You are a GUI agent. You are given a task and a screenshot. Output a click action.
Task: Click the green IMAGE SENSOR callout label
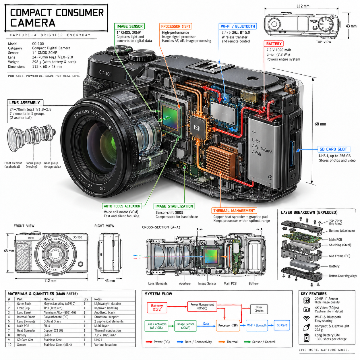pyautogui.click(x=129, y=26)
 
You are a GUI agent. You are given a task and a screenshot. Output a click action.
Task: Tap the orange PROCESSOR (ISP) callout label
pyautogui.click(x=175, y=26)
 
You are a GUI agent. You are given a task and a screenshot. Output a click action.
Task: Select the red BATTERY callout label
pyautogui.click(x=274, y=44)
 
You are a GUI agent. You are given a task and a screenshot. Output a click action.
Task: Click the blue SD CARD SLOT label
pyautogui.click(x=334, y=149)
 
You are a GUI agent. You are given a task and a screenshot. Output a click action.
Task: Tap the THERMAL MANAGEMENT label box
pyautogui.click(x=234, y=210)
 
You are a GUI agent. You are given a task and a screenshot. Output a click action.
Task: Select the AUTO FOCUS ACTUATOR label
pyautogui.click(x=122, y=206)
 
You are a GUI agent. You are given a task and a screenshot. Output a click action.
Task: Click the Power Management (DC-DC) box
pyautogui.click(x=202, y=306)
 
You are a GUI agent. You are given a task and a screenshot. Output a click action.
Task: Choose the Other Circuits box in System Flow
pyautogui.click(x=259, y=309)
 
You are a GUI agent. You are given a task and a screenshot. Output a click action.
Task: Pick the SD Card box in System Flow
pyautogui.click(x=282, y=325)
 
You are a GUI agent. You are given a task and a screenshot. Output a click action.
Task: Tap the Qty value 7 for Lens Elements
pyautogui.click(x=84, y=321)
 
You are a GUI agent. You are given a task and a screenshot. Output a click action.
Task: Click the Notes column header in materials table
pyautogui.click(x=98, y=299)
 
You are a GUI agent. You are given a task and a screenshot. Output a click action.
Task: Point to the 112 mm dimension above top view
pyautogui.click(x=303, y=6)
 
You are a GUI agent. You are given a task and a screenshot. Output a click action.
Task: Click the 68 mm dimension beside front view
pyautogui.click(x=9, y=251)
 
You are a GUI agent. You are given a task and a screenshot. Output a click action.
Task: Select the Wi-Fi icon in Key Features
pyautogui.click(x=306, y=318)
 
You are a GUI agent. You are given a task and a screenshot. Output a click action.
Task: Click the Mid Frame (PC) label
pyautogui.click(x=339, y=256)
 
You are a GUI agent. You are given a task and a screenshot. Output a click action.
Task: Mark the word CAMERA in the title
pyautogui.click(x=33, y=23)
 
